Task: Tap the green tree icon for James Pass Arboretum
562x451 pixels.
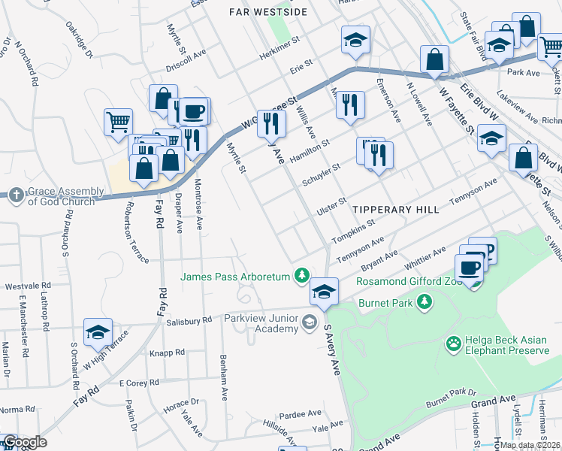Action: pos(301,276)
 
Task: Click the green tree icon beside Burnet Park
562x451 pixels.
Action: pos(425,301)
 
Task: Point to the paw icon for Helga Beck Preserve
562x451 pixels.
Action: pos(453,344)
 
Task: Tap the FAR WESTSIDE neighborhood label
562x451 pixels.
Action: pos(268,12)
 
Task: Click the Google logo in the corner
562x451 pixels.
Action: pos(25,442)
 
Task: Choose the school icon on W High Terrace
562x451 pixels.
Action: pos(98,331)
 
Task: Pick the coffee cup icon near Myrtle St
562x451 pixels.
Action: pos(194,111)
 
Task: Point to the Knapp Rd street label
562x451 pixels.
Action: pos(167,352)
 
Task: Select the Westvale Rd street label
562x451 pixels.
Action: pos(27,286)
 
